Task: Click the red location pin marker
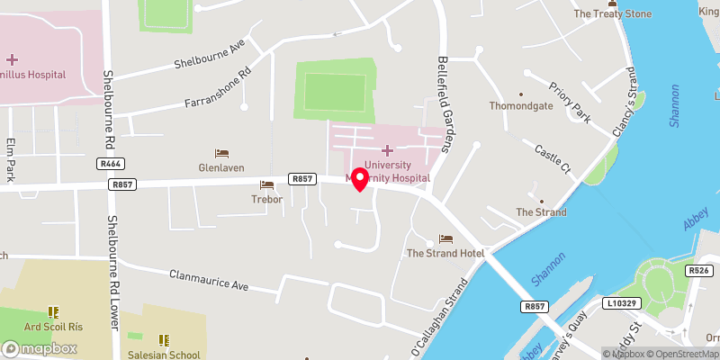coord(359,178)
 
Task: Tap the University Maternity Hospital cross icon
coord(388,150)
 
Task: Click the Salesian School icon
coord(164,339)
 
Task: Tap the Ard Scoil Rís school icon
coord(53,311)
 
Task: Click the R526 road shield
coord(699,270)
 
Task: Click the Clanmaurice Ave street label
coord(208,280)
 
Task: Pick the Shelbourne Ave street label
coord(211,57)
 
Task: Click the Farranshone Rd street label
coord(218,90)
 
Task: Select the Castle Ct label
coord(553,159)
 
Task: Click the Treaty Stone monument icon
coord(612,4)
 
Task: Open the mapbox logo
coord(40,347)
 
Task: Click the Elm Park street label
coord(11,159)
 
